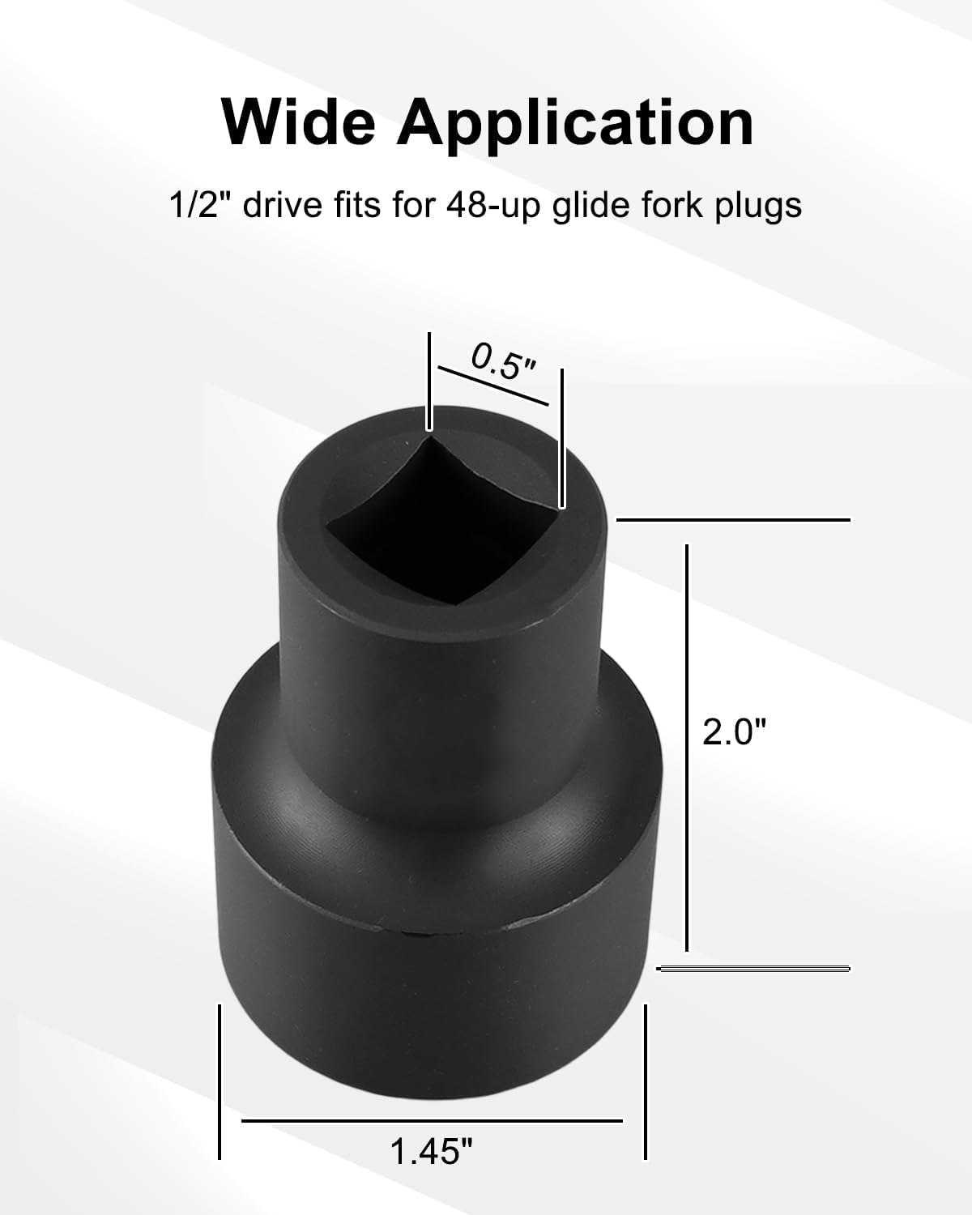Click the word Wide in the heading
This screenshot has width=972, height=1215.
298,123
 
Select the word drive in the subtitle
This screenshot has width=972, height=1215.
283,206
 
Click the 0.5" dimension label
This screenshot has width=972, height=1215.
503,362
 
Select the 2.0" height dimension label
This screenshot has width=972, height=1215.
733,732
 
